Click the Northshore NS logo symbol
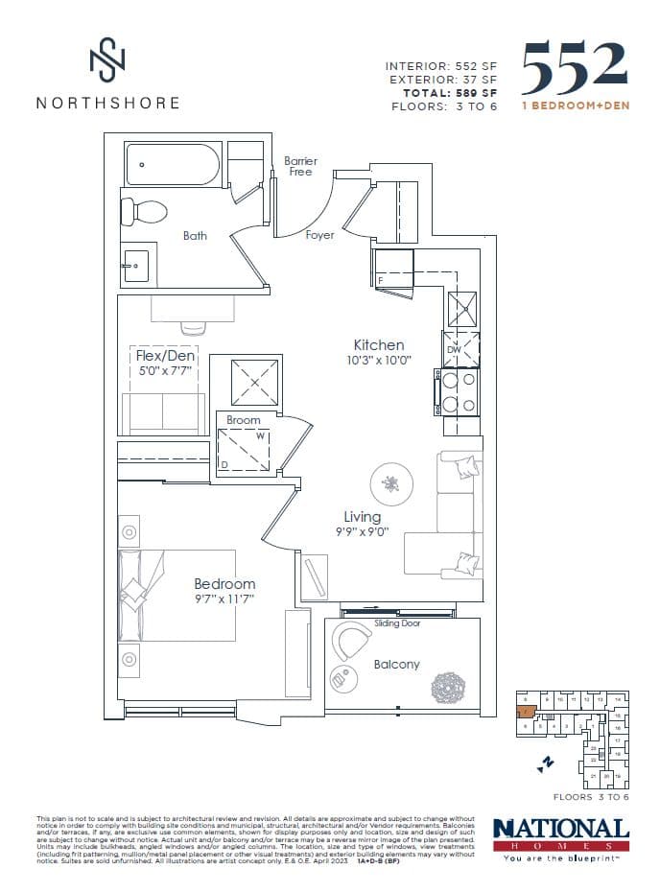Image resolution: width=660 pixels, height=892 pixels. click(x=106, y=61)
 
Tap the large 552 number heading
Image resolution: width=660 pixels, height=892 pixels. click(x=575, y=67)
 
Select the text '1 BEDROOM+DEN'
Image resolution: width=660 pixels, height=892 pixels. click(x=576, y=106)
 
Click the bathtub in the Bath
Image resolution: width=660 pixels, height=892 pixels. click(x=174, y=164)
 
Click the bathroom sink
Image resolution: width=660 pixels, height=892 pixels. click(x=135, y=263)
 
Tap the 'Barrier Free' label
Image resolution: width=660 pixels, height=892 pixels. click(x=300, y=166)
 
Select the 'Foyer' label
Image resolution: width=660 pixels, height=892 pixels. click(x=319, y=235)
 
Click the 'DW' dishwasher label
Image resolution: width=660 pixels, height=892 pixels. click(x=454, y=350)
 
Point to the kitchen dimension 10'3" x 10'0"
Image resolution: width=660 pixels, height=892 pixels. click(x=378, y=361)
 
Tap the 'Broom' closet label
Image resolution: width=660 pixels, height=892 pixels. click(x=244, y=420)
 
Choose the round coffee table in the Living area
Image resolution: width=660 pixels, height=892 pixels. click(x=391, y=484)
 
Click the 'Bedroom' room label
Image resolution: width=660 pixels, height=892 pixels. click(x=224, y=583)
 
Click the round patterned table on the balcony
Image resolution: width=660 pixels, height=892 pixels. click(x=448, y=687)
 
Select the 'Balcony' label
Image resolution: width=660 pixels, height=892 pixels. click(x=396, y=664)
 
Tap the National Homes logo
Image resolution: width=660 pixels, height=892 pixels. click(x=560, y=835)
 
